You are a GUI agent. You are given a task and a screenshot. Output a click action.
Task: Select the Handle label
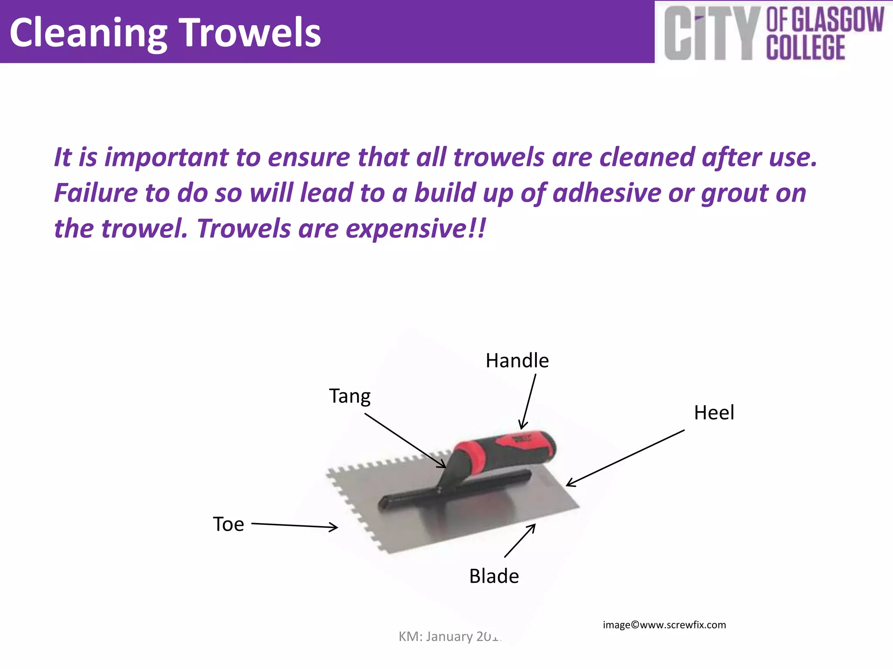(x=517, y=361)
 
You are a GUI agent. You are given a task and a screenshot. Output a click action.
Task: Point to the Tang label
(x=350, y=396)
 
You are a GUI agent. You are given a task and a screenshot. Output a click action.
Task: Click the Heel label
(x=714, y=412)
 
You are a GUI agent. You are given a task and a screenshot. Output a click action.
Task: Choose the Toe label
(x=228, y=524)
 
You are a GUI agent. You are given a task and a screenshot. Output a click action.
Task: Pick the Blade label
(x=494, y=576)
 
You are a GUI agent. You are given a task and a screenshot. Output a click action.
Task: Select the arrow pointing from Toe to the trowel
(x=294, y=526)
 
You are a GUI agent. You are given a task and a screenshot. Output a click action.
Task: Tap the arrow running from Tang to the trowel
(x=405, y=440)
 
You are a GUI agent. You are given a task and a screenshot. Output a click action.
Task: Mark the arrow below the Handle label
(x=528, y=401)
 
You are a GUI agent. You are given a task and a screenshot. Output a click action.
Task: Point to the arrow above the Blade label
(x=520, y=541)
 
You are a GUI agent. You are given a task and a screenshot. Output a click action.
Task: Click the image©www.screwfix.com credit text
(x=664, y=625)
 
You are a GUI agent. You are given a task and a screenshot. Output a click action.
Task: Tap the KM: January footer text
(x=449, y=636)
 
